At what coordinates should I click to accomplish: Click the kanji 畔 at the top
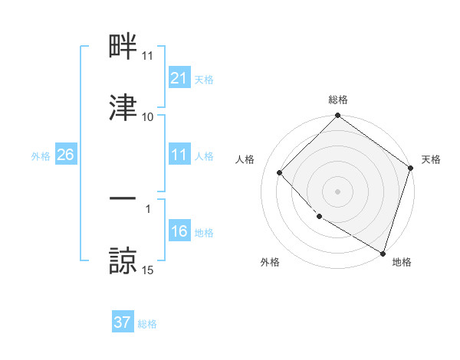pos(123,47)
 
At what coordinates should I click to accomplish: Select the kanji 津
pos(123,107)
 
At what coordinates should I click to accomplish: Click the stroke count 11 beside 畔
pos(148,56)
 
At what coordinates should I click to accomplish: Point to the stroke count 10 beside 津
pos(148,116)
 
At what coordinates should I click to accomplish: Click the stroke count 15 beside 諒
pos(148,270)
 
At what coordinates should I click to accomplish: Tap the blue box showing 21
pos(179,77)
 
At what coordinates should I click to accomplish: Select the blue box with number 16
pos(179,231)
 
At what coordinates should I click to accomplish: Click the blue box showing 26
pos(65,155)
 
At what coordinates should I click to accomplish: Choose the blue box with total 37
pos(122,322)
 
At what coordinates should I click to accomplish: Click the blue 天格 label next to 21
pos(204,78)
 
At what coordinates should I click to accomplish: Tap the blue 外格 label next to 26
pos(41,155)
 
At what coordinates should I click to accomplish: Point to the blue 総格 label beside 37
pos(147,323)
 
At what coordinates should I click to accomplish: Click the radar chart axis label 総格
pos(338,100)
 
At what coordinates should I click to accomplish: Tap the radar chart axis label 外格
pos(269,262)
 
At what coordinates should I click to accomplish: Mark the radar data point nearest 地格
pos(383,252)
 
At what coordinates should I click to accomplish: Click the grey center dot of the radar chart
pos(338,191)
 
